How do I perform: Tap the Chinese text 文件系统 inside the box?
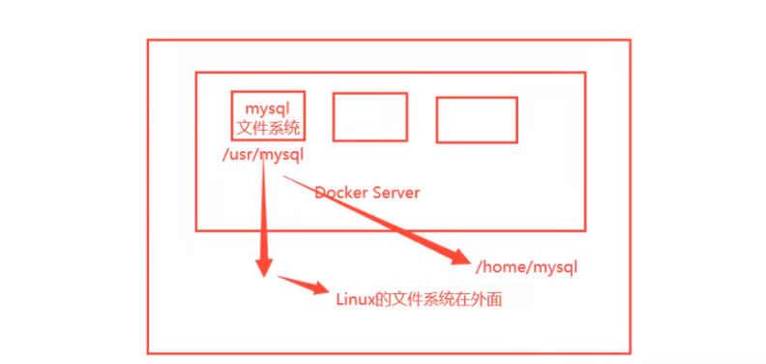point(268,127)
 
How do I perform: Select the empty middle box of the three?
point(369,117)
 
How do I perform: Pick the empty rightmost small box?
point(476,119)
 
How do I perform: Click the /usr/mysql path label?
point(262,154)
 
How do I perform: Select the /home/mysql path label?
point(527,265)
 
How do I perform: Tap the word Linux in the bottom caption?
point(354,301)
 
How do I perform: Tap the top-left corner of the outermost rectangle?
point(148,41)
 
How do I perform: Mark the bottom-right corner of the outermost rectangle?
point(630,352)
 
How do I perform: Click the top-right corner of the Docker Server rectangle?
point(585,73)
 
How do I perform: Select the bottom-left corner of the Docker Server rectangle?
point(196,229)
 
